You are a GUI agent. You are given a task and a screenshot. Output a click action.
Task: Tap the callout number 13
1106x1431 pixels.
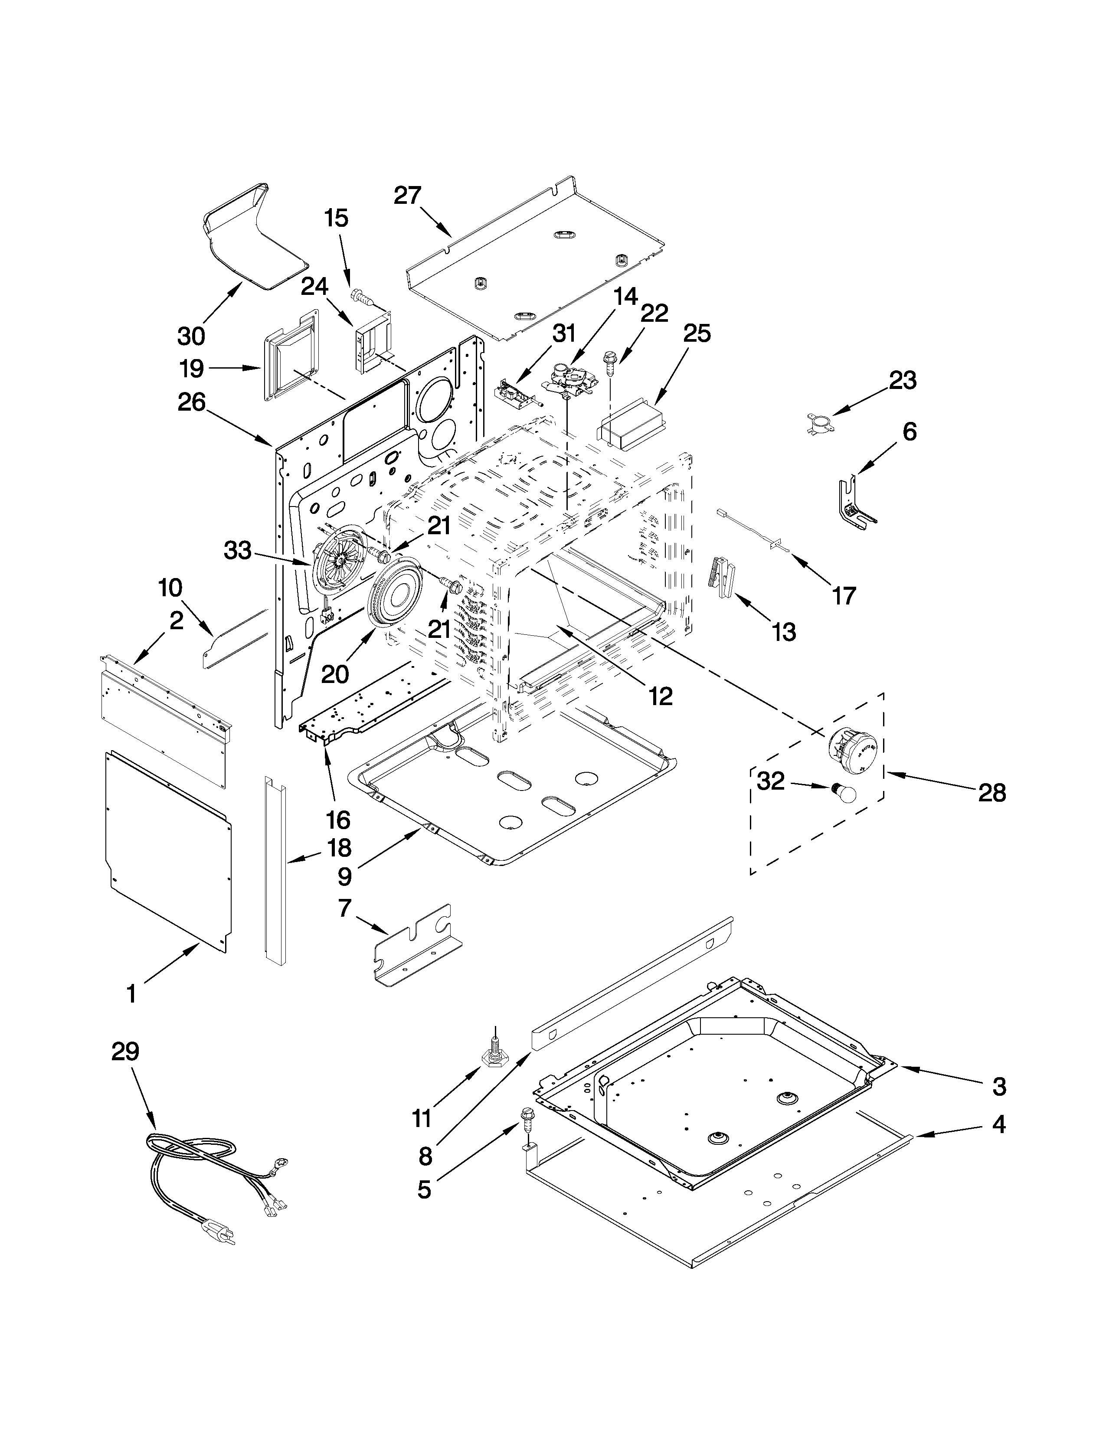click(x=784, y=632)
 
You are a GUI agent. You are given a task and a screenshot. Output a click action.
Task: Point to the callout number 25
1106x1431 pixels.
click(x=697, y=333)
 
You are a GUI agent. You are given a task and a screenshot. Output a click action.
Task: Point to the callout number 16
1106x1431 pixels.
click(x=338, y=820)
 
